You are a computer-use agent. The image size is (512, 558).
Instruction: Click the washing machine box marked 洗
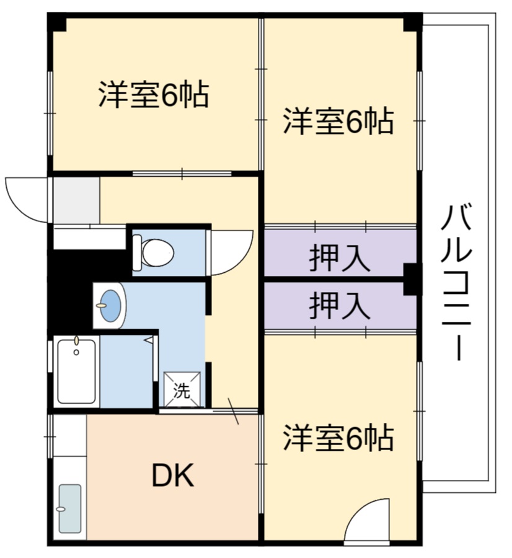click(x=182, y=390)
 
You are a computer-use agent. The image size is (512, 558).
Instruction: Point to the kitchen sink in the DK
click(x=69, y=508)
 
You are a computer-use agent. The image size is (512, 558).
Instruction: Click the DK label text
click(x=173, y=476)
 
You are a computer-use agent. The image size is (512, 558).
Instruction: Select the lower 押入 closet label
click(x=340, y=306)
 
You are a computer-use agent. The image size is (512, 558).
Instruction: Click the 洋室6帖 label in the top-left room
click(x=152, y=95)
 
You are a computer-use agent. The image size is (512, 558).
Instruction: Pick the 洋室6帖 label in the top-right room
click(x=338, y=122)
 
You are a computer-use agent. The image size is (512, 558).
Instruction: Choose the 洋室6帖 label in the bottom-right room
click(x=338, y=438)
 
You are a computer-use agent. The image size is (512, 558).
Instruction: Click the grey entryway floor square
click(x=76, y=200)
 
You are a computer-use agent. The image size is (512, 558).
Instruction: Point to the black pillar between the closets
click(x=412, y=280)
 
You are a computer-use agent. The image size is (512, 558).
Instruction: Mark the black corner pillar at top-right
click(x=412, y=22)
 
